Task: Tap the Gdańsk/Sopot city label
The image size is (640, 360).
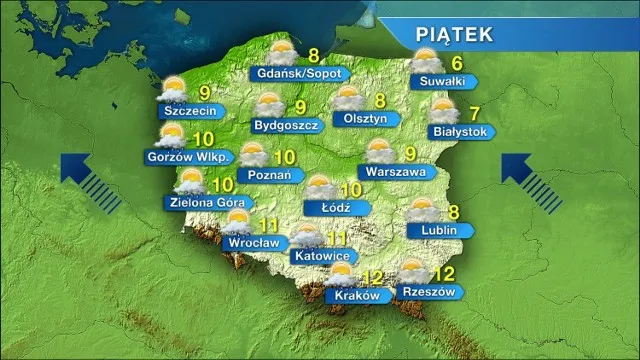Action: pos(298,74)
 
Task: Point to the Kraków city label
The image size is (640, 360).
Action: pos(354,296)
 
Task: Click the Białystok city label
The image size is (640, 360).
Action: pos(459,131)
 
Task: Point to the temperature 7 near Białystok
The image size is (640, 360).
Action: pos(475,112)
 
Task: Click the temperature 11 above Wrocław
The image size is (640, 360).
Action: pos(268,225)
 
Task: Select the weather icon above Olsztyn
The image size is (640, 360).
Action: pos(347,97)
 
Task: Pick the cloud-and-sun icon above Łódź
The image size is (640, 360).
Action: pos(322,186)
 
